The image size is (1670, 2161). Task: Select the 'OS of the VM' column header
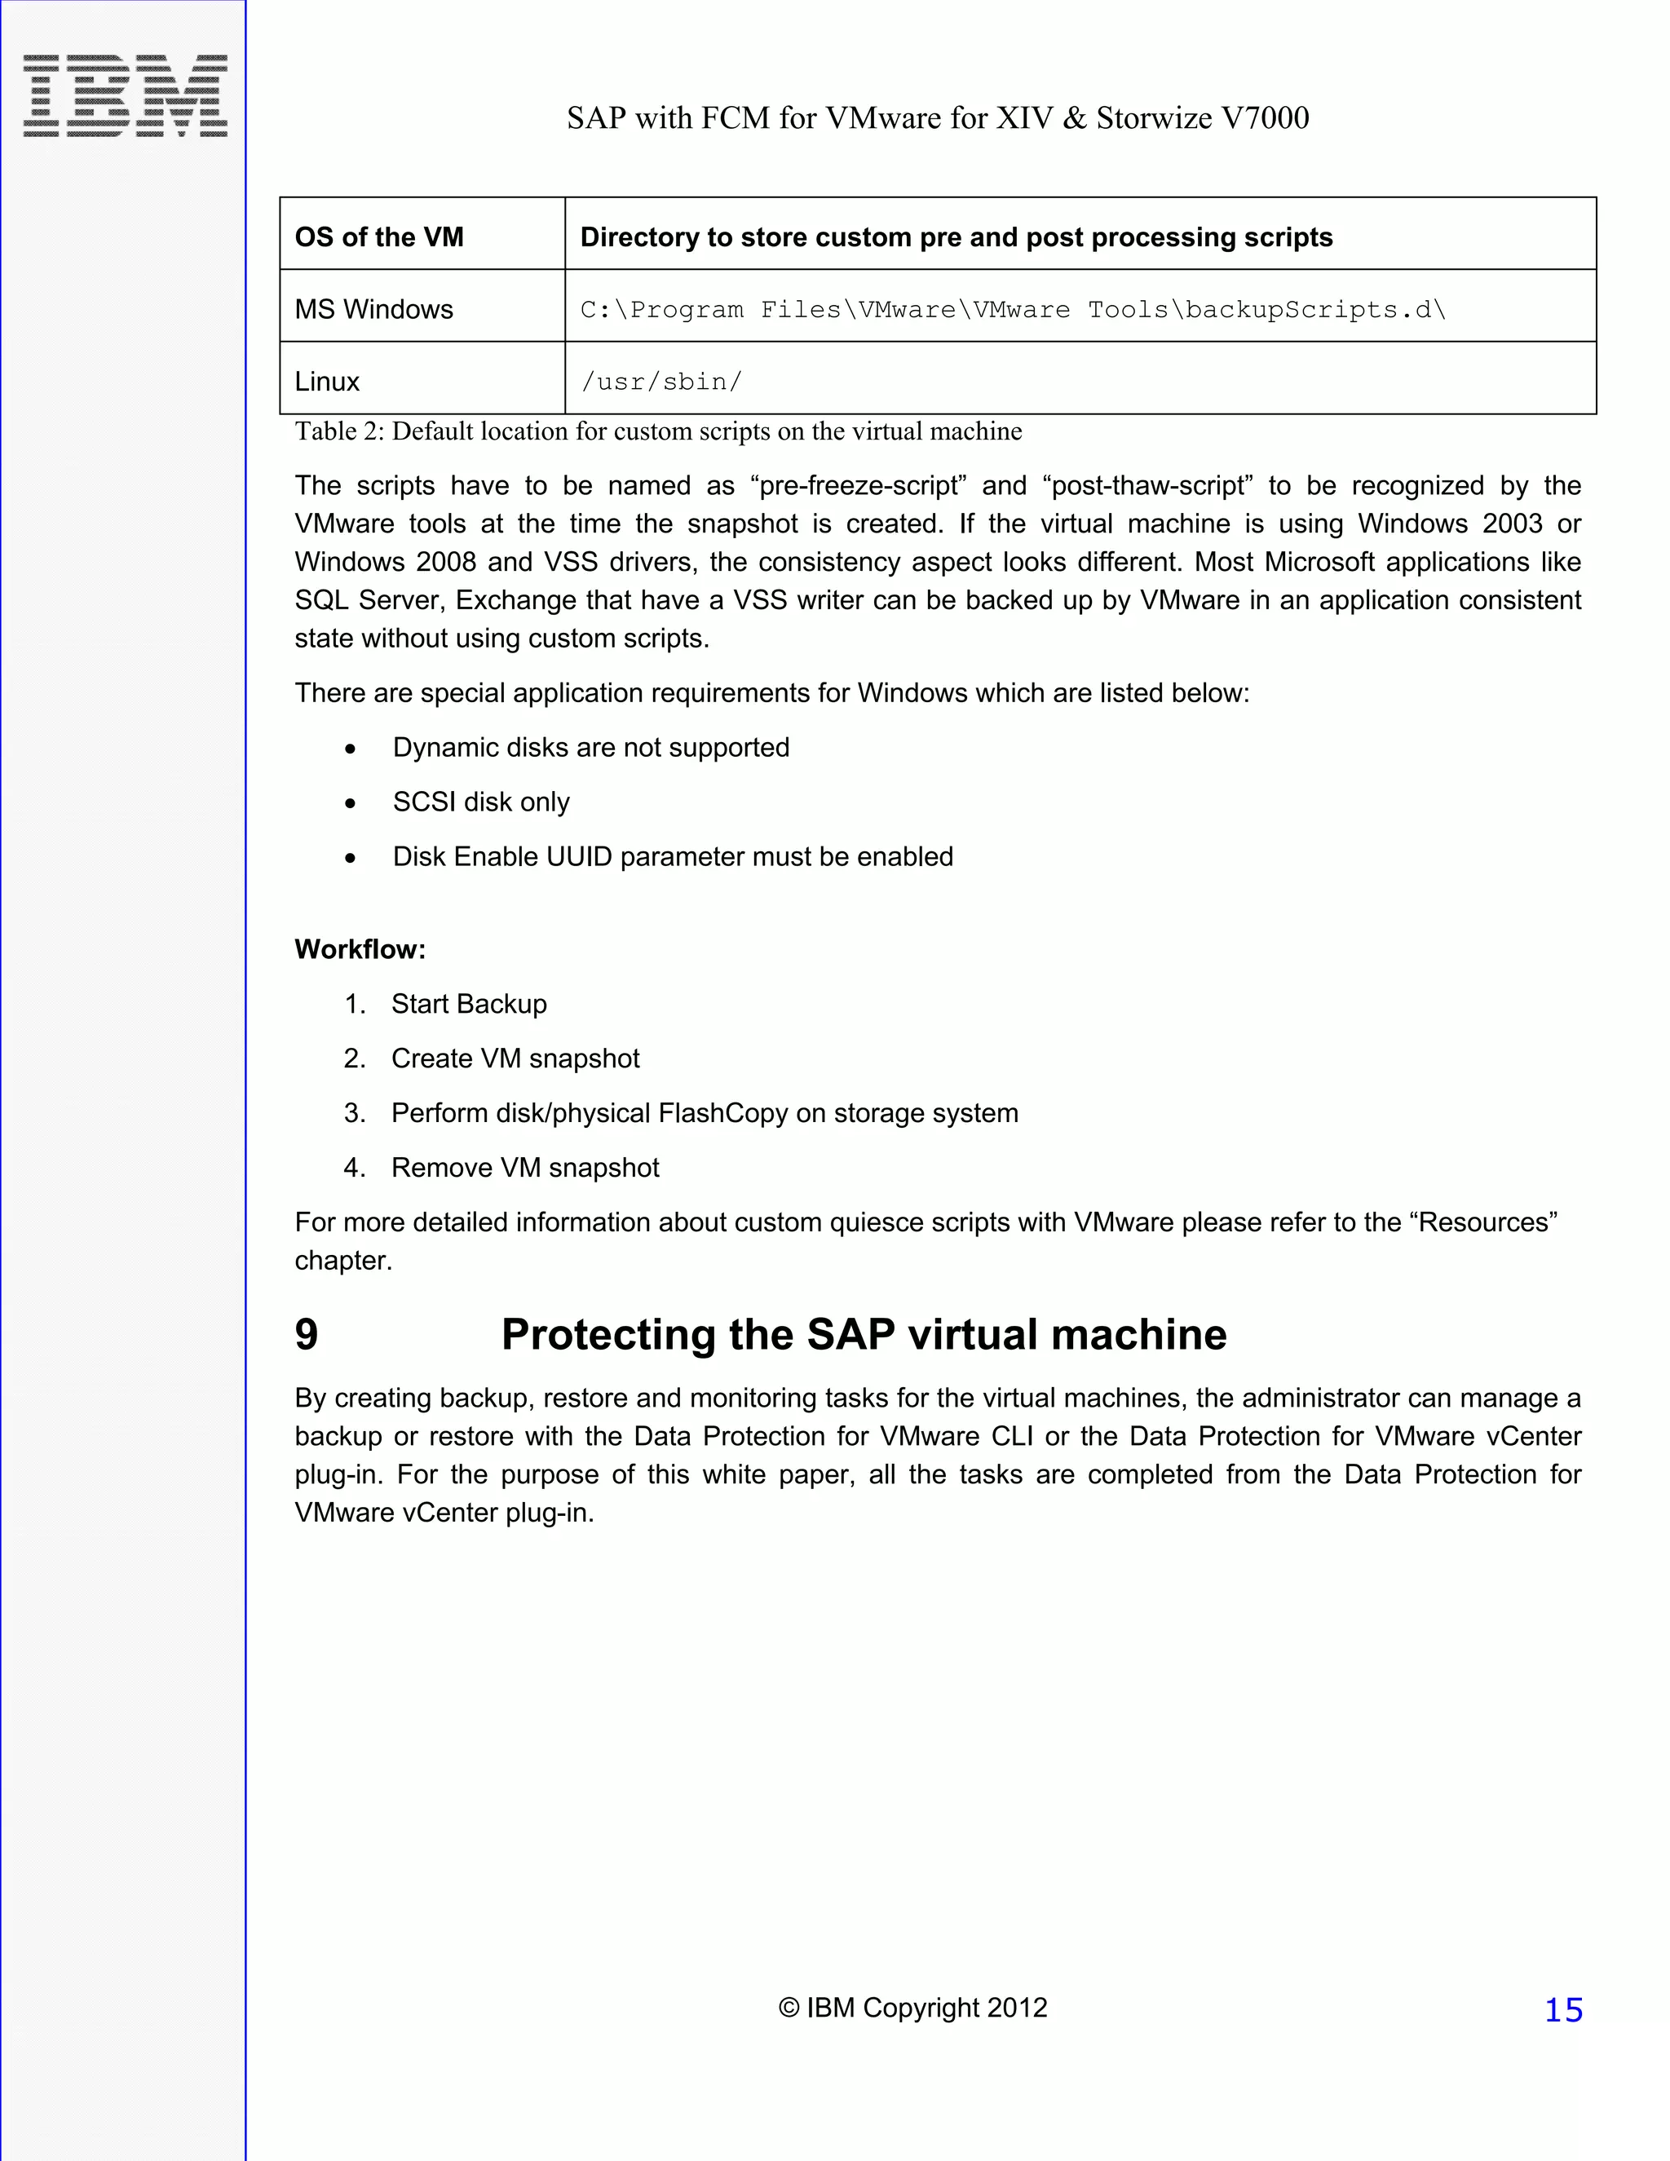379,237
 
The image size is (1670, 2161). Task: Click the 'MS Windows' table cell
374,310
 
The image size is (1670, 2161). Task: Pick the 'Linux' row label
328,382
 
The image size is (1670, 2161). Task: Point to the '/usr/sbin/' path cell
660,382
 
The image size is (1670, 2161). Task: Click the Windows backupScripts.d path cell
1012,310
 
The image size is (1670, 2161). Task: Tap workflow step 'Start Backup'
469,1005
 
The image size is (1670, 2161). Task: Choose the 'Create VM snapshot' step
515,1058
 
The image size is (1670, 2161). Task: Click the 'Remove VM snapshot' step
525,1168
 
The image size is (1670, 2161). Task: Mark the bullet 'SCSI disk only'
481,802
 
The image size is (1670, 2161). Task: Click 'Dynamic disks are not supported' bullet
590,747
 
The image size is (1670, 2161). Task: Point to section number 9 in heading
307,1335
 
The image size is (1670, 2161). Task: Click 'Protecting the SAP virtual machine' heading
864,1335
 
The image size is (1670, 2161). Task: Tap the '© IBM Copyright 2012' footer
912,2008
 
